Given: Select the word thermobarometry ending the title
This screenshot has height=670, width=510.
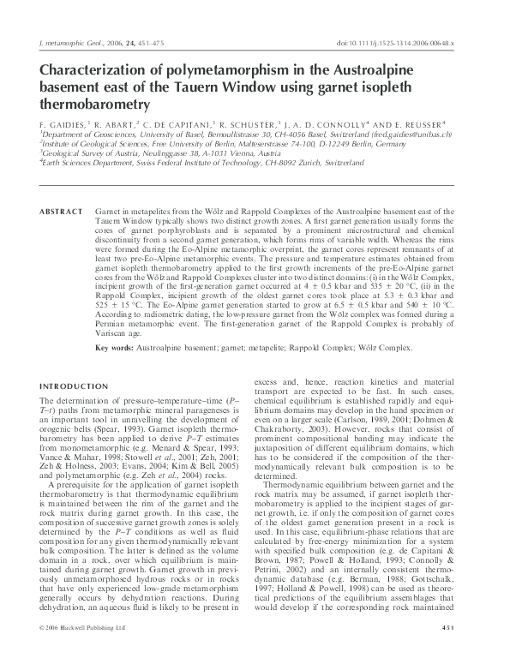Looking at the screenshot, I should point(95,105).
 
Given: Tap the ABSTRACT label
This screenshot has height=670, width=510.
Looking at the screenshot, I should point(58,211).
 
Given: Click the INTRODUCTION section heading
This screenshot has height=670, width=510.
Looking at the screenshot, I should point(75,385).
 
